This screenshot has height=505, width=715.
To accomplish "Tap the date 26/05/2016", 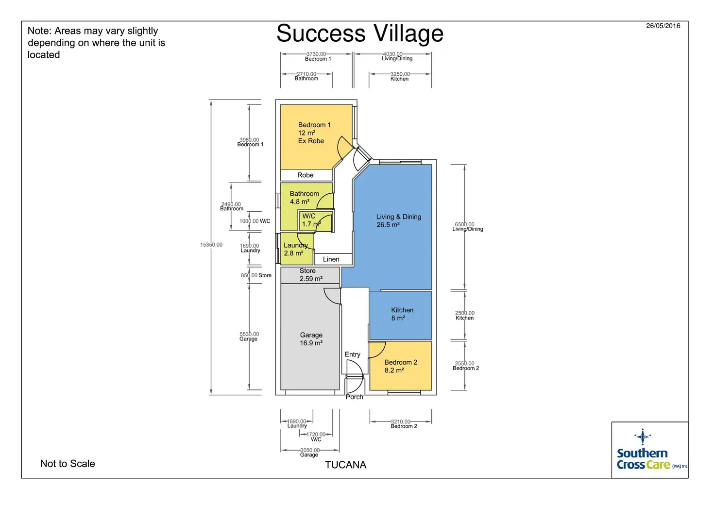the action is point(663,26).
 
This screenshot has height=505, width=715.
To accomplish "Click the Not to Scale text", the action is point(68,464).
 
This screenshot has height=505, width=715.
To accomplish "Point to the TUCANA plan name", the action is point(346,465).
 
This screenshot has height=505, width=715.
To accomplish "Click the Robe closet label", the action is point(305,175).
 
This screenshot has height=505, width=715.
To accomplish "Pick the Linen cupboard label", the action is point(331,259).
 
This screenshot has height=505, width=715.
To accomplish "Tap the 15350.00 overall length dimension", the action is point(211,245).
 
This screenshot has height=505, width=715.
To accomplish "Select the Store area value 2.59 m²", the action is point(311,279).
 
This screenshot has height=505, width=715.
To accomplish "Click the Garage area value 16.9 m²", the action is point(311,343).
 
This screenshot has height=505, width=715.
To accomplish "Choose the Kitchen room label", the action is point(402,310).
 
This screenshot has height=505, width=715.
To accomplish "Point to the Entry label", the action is point(352,354).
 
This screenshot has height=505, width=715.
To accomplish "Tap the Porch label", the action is point(354,397).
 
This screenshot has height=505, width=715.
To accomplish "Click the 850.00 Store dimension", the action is point(256,275).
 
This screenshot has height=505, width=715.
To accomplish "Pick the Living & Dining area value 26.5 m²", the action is point(388,225).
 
